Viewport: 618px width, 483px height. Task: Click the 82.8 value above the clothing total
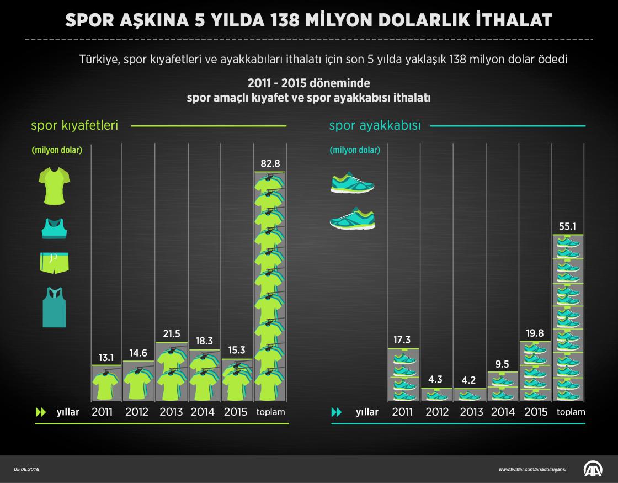pos(270,163)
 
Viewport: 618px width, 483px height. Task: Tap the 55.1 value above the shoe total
pos(568,226)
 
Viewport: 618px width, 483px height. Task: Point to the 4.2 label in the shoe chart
pos(469,380)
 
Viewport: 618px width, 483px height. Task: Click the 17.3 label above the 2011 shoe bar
pos(402,339)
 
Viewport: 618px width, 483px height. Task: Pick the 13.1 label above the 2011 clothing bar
pos(107,357)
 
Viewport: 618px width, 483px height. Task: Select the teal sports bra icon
pos(54,229)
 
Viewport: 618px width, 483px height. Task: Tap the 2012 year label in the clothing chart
pos(136,412)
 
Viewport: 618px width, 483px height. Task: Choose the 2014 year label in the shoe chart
pos(502,412)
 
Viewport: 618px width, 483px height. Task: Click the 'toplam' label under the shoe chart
pos(571,412)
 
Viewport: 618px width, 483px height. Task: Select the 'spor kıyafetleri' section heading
pos(74,125)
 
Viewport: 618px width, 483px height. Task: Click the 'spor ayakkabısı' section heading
pos(375,126)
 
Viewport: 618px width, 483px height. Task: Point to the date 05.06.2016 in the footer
pos(26,469)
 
